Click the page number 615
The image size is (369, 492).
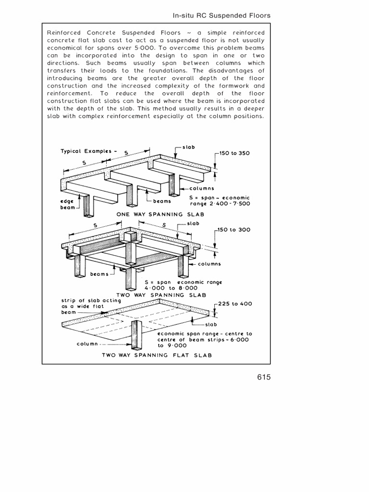click(x=264, y=377)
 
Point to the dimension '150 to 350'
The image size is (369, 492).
click(x=234, y=153)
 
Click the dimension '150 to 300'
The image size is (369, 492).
click(x=234, y=230)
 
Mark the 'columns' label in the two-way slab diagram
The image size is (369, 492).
click(x=208, y=264)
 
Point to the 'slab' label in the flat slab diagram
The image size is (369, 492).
click(x=211, y=324)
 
